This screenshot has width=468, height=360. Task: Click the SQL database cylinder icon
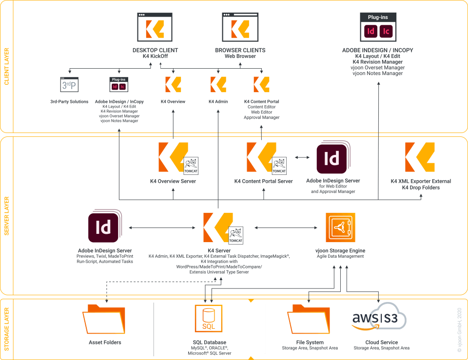coord(209,319)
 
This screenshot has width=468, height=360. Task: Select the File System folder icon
coord(309,320)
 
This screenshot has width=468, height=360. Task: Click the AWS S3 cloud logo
coord(379,320)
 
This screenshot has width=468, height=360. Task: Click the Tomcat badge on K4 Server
coord(235,235)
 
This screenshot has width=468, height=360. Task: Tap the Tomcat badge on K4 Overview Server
coord(191,166)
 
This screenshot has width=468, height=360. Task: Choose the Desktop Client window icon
coord(155,28)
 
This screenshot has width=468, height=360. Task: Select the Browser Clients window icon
coord(240,28)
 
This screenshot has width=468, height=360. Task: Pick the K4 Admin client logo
coord(218,84)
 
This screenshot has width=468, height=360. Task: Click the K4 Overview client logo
coord(173,84)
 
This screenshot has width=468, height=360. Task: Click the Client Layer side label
coord(6,66)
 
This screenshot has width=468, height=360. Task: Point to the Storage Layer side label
coord(6,329)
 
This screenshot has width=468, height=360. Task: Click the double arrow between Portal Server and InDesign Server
coord(302,157)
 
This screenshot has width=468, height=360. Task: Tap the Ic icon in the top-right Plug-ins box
coord(387,32)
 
